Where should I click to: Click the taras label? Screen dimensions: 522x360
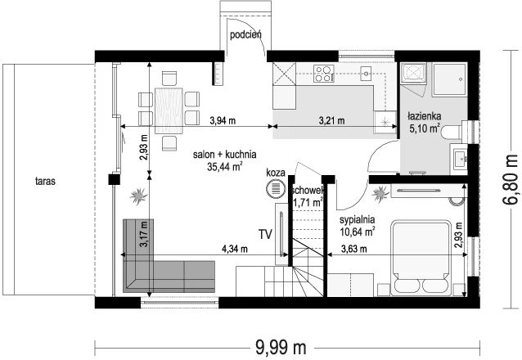(45, 182)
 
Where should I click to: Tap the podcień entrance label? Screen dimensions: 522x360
(245, 34)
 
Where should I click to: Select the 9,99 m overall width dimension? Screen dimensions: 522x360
(281, 348)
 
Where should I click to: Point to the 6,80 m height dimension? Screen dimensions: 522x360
(509, 179)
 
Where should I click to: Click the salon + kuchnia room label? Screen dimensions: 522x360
(225, 155)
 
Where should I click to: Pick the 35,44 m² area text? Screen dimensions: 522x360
(224, 166)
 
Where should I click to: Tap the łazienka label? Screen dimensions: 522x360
(425, 116)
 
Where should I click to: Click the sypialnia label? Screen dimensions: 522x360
(358, 220)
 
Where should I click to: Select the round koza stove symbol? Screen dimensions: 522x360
(276, 188)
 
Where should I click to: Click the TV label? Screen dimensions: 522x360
(266, 235)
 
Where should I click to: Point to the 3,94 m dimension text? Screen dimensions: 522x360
(223, 120)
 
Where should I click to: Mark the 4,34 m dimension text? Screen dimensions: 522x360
(234, 249)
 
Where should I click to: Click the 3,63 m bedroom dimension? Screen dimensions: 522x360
(354, 249)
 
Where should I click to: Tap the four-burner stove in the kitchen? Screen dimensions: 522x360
(323, 74)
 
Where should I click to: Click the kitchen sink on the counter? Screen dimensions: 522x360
(367, 74)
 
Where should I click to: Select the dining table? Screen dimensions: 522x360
(169, 110)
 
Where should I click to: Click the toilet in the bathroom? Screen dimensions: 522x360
(452, 132)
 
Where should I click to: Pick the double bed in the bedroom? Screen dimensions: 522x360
(421, 257)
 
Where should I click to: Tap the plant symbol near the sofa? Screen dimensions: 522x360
(137, 196)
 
